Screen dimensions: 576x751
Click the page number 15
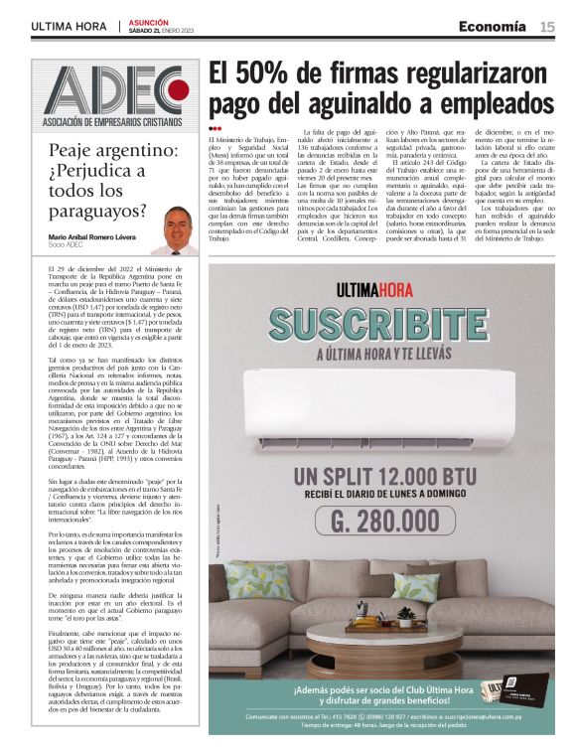point(547,26)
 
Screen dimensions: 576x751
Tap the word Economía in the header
point(493,26)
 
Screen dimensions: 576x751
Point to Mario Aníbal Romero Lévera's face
point(178,225)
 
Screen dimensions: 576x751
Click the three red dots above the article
point(215,129)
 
